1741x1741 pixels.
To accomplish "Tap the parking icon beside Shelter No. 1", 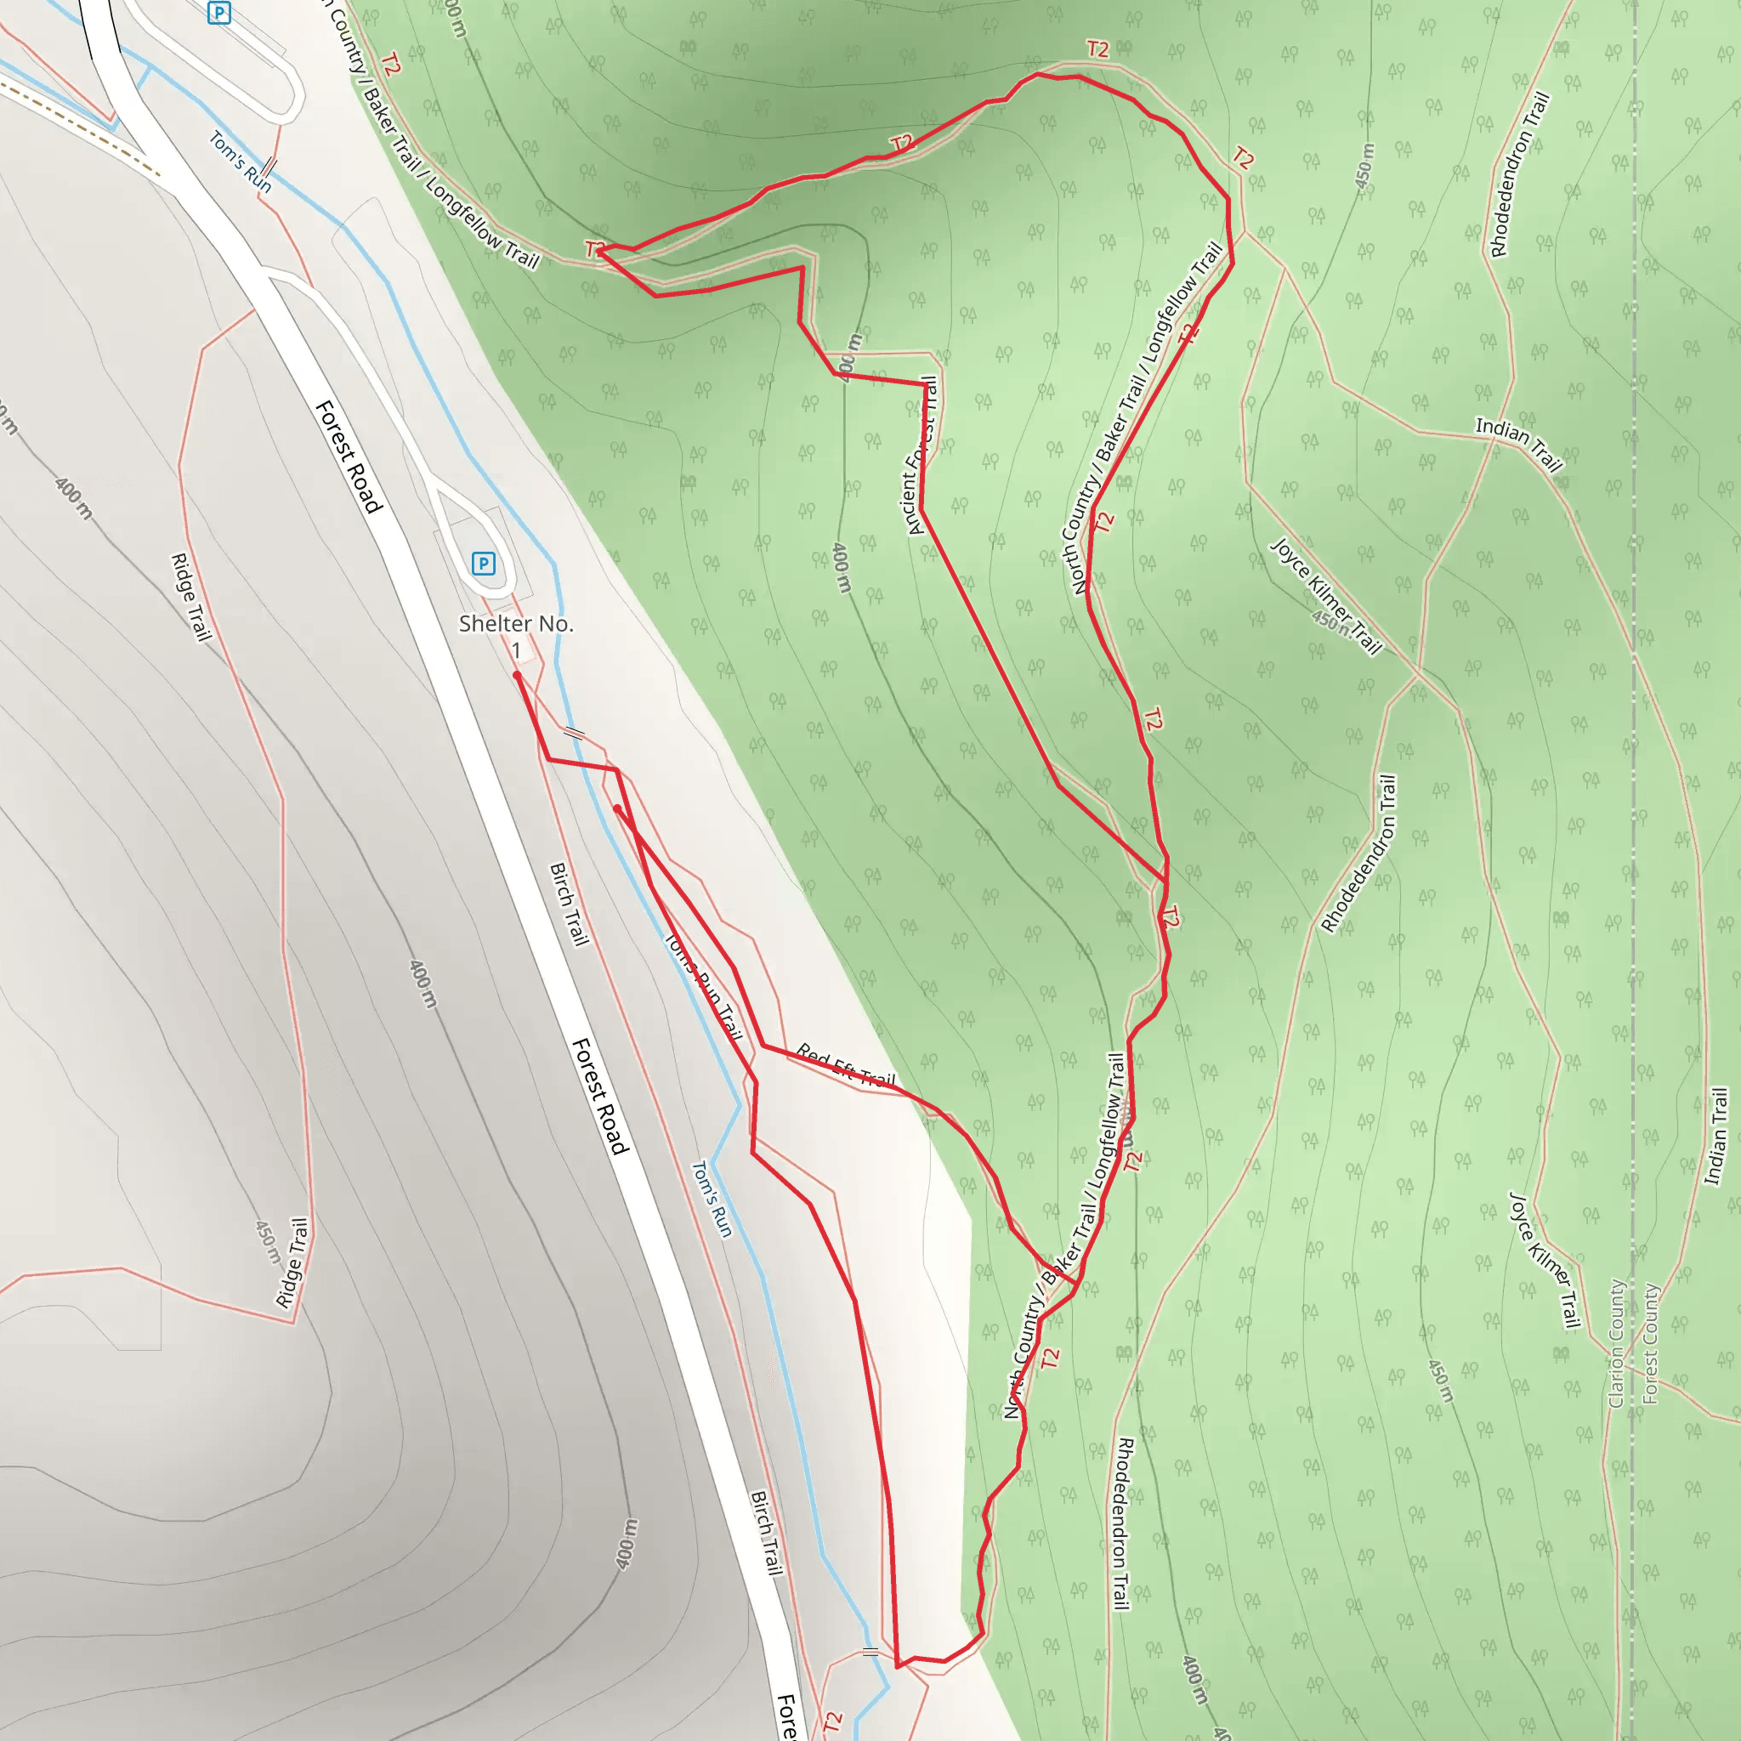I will pyautogui.click(x=483, y=564).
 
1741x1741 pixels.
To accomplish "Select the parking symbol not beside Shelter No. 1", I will pyautogui.click(x=218, y=13).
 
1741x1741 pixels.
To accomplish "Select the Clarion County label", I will pyautogui.click(x=1617, y=1342).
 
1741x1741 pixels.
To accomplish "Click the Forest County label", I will pyautogui.click(x=1650, y=1342).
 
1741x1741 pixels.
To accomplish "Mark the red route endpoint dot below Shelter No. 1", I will pyautogui.click(x=516, y=675).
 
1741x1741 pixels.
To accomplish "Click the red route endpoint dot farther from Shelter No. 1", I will pyautogui.click(x=616, y=808).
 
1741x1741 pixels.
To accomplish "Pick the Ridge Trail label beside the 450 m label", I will pyautogui.click(x=292, y=1262).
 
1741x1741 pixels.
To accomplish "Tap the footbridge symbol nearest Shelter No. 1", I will pyautogui.click(x=573, y=734).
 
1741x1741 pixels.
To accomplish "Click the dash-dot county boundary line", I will pyautogui.click(x=1633, y=811).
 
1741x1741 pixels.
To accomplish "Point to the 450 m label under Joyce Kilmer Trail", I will pyautogui.click(x=1330, y=621).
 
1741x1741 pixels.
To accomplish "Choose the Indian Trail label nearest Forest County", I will pyautogui.click(x=1715, y=1137).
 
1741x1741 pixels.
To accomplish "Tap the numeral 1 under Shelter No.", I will pyautogui.click(x=516, y=650).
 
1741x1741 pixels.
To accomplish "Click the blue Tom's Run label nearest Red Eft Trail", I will pyautogui.click(x=711, y=1199).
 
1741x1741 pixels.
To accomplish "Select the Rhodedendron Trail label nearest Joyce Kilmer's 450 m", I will pyautogui.click(x=1359, y=853).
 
